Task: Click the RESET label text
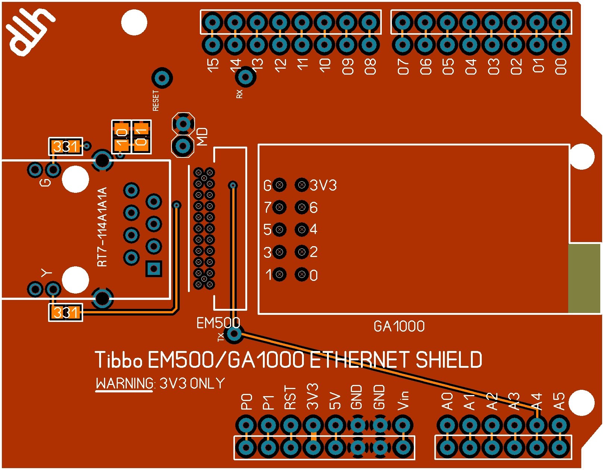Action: tap(156, 100)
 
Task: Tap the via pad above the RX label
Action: tap(245, 77)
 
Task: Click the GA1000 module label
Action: tap(399, 326)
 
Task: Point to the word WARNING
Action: tap(125, 383)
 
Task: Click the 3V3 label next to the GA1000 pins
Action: tap(323, 185)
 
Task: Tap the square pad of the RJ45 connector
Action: tap(154, 268)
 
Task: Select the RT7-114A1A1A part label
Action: tap(102, 227)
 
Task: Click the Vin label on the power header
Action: tap(403, 400)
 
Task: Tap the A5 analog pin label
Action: tap(559, 401)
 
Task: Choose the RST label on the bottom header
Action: tap(290, 398)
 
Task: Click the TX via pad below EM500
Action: tap(234, 334)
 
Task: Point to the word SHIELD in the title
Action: tap(449, 360)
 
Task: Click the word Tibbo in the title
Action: tap(119, 360)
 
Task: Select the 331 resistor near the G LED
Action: tap(66, 147)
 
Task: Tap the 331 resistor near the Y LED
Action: tap(66, 313)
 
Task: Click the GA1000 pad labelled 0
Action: tap(302, 275)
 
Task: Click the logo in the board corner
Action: tap(30, 32)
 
